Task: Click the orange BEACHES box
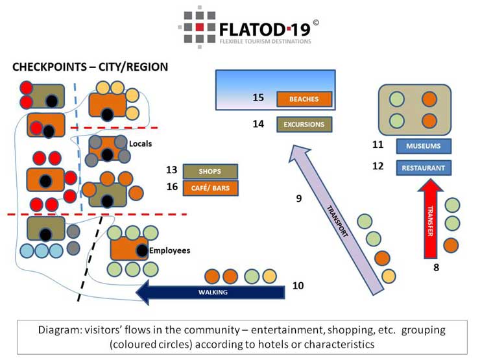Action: click(304, 99)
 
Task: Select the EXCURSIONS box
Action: click(304, 124)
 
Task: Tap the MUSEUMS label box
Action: click(424, 146)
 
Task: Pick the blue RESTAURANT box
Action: click(424, 168)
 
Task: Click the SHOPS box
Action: click(210, 171)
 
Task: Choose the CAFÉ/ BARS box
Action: click(210, 188)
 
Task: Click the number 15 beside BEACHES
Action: click(258, 98)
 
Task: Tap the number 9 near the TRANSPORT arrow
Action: click(299, 199)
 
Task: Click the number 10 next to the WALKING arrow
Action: click(298, 285)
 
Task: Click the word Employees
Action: click(169, 250)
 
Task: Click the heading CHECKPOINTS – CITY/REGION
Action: click(90, 67)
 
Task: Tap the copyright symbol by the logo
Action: click(316, 23)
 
